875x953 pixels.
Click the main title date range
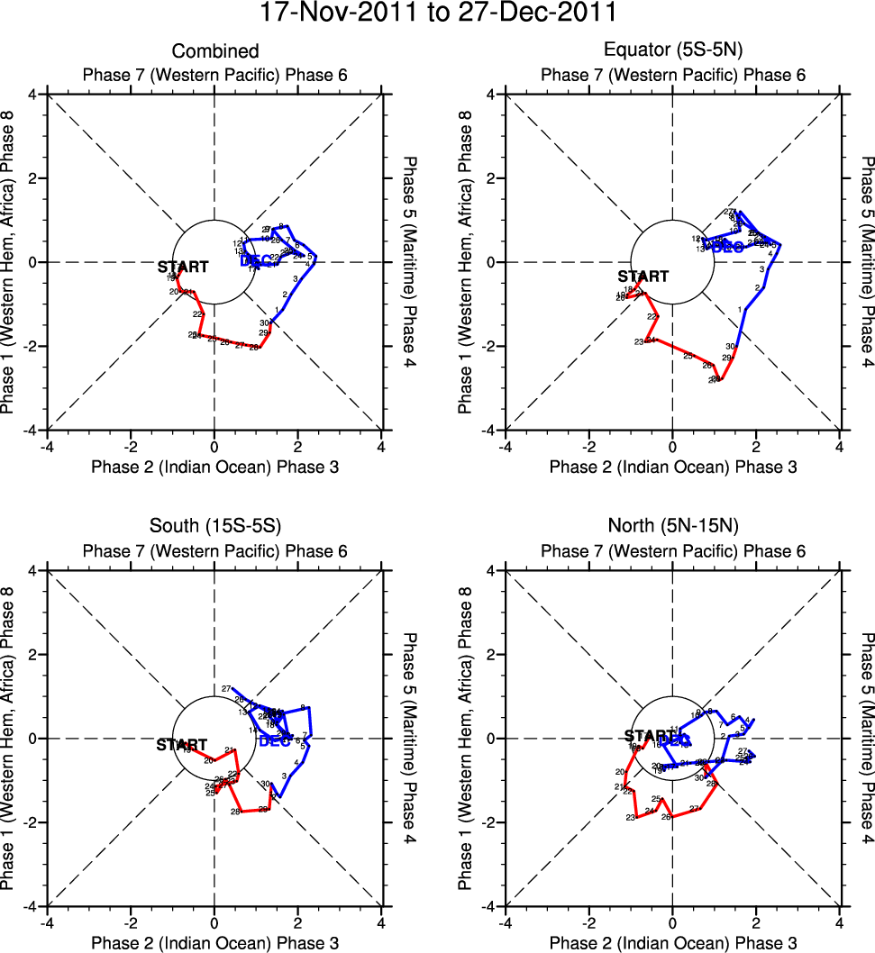(438, 14)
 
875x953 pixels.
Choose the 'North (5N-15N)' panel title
(672, 528)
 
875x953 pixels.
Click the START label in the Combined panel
(183, 268)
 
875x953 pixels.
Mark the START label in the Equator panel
(643, 277)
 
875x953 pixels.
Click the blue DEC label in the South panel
(275, 741)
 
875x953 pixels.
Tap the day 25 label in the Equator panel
(688, 357)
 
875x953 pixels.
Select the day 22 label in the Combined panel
(196, 314)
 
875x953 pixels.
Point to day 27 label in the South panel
(226, 688)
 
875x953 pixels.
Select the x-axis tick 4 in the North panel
(840, 922)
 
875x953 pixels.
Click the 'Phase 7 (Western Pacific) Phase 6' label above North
(672, 551)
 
